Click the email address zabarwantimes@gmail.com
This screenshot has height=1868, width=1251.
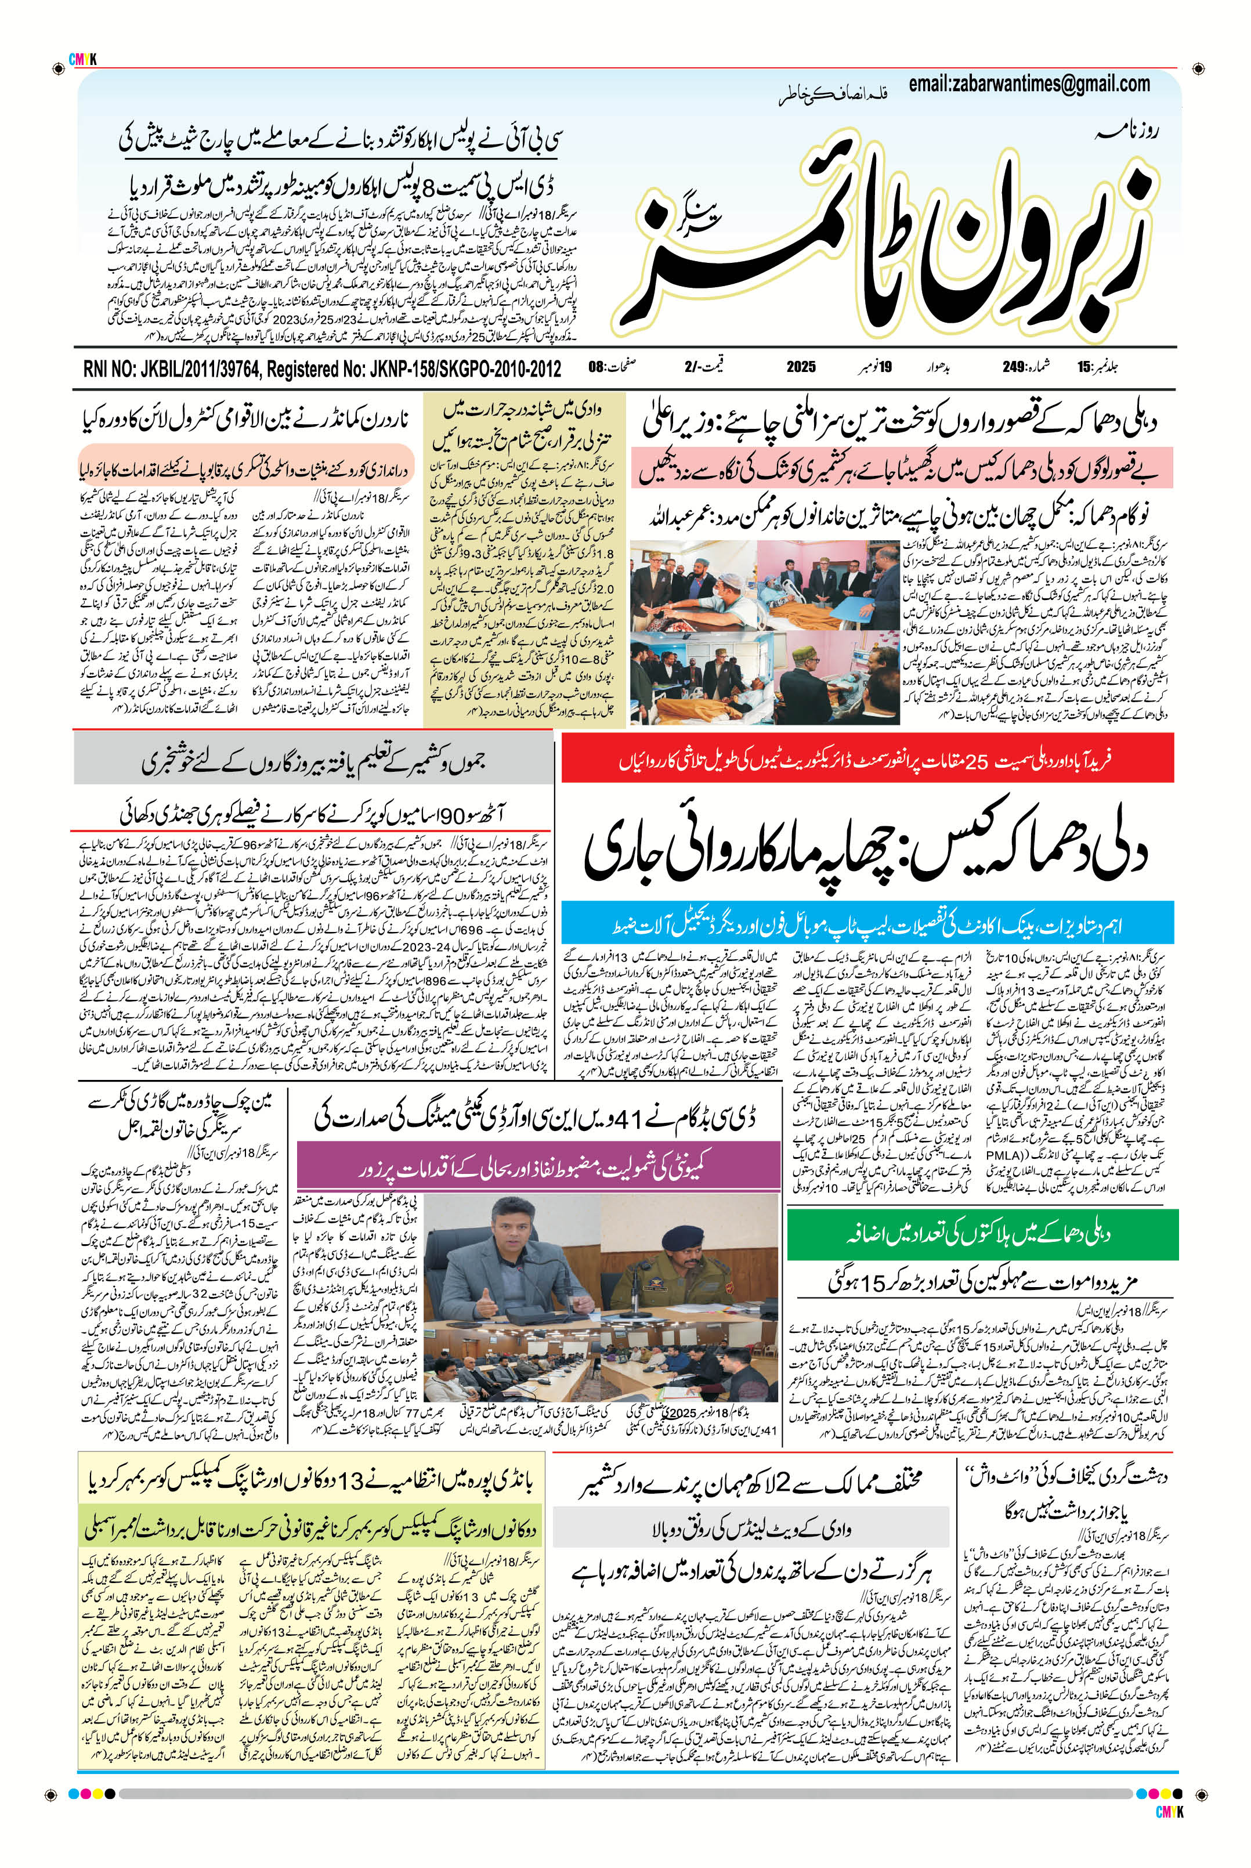1029,84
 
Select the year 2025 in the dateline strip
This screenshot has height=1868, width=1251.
800,367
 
